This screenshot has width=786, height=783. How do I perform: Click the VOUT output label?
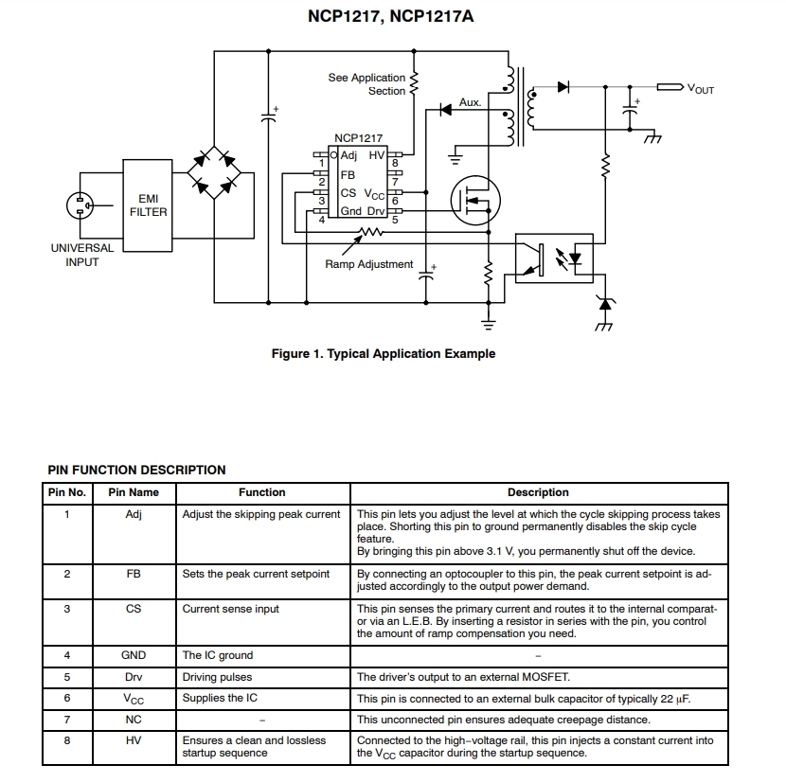point(700,89)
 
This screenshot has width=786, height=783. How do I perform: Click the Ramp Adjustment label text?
point(369,264)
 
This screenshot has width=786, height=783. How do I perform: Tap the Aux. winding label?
point(471,102)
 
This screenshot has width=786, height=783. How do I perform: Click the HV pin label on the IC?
point(377,155)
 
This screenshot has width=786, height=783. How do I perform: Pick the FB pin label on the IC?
point(348,175)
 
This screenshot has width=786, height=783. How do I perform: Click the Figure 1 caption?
point(384,354)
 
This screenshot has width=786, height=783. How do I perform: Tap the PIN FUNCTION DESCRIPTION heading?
point(136,471)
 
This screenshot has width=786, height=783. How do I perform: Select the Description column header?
point(538,492)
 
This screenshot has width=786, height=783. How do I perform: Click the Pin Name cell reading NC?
point(134,720)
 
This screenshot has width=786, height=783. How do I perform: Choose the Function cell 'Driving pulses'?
point(217,677)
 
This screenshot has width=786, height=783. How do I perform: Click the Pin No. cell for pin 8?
point(67,740)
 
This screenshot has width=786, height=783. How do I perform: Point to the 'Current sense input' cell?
point(230,609)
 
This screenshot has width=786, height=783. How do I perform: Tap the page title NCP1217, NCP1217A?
point(390,16)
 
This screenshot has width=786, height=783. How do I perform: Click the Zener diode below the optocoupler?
point(605,304)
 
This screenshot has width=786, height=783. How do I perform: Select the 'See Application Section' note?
point(366,84)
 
